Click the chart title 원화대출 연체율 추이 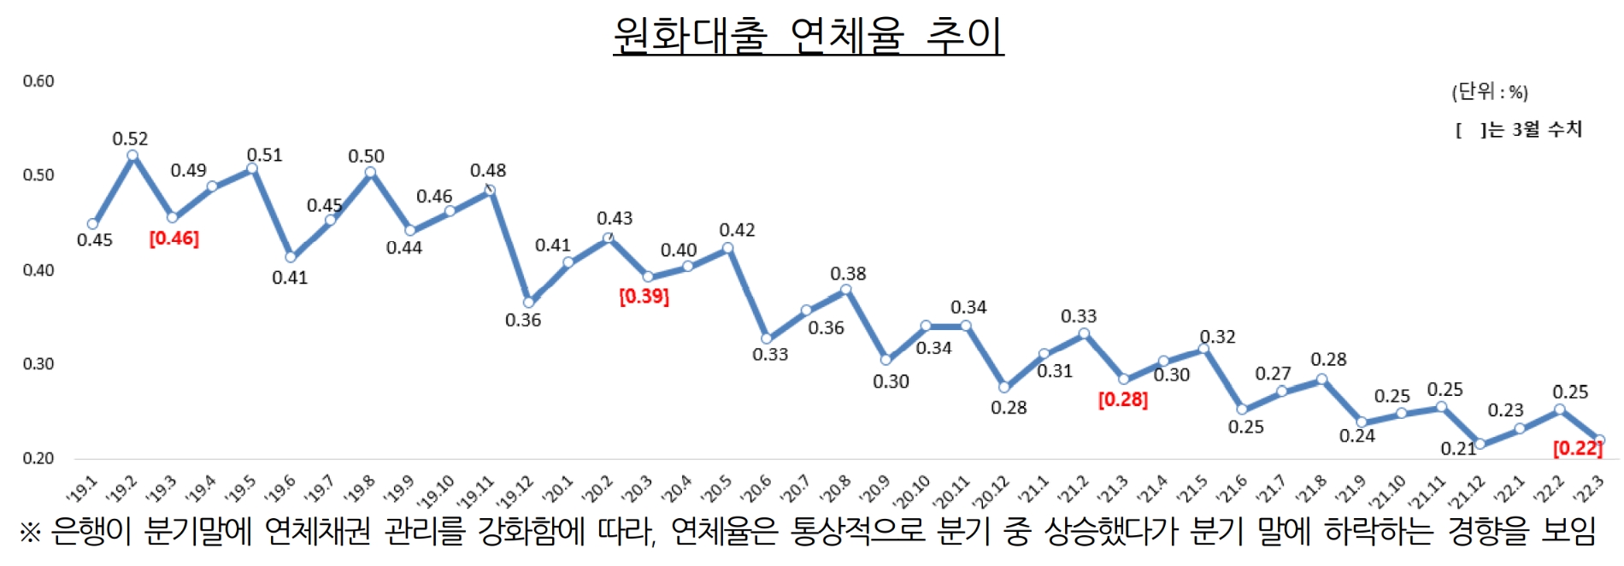pos(808,36)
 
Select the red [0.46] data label pos(174,239)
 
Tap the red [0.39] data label pos(644,297)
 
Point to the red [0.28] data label pos(1122,399)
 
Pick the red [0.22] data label pos(1577,448)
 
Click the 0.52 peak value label pos(130,139)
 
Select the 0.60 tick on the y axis pos(38,81)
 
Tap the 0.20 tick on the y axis pos(38,458)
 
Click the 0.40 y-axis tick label pos(38,270)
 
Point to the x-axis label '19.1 pos(83,490)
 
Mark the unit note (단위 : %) pos(1489,91)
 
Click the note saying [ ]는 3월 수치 pos(1519,130)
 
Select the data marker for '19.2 pos(132,156)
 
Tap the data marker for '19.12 pos(528,302)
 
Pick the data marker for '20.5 pos(727,248)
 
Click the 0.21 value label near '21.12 pos(1457,449)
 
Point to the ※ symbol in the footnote pos(30,533)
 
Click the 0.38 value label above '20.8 pos(848,274)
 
